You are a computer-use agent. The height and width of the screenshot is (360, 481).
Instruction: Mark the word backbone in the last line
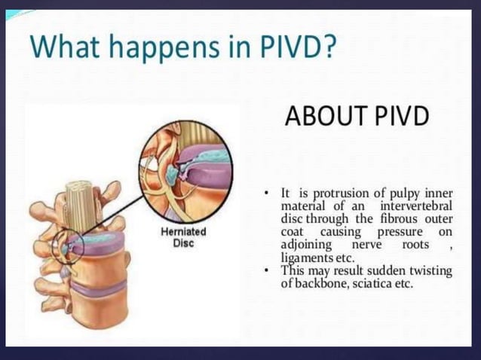coord(319,284)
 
